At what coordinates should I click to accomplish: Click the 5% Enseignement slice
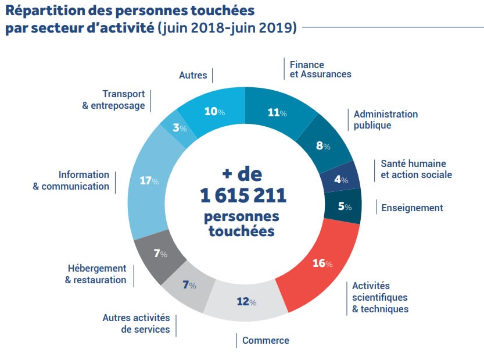pyautogui.click(x=343, y=206)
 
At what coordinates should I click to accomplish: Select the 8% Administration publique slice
pyautogui.click(x=323, y=145)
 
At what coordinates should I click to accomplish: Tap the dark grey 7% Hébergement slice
pyautogui.click(x=158, y=254)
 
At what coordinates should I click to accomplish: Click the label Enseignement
pyautogui.click(x=412, y=208)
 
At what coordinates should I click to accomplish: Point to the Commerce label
pyautogui.click(x=266, y=340)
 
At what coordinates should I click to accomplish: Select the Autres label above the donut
pyautogui.click(x=193, y=75)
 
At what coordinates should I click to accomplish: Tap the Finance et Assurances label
pyautogui.click(x=320, y=69)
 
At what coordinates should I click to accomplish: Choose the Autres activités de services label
pyautogui.click(x=137, y=323)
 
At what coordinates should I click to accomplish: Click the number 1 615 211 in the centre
pyautogui.click(x=243, y=196)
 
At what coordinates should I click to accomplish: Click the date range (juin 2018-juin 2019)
pyautogui.click(x=228, y=27)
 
